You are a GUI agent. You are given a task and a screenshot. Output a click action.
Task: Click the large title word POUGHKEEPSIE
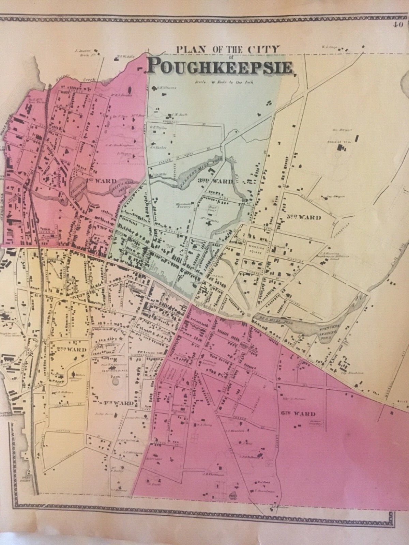[220, 66]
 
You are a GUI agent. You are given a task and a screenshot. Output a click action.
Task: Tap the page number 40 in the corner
[397, 24]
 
